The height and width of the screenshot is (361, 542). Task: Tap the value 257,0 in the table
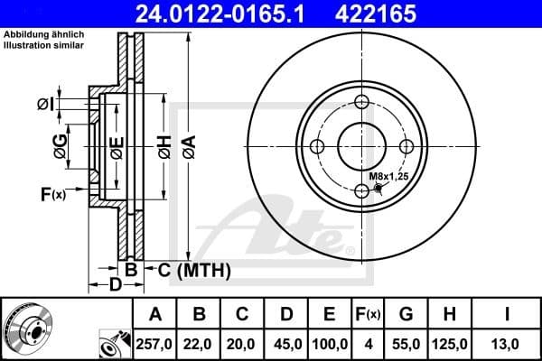(x=155, y=343)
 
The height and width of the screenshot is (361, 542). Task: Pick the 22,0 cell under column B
(x=200, y=343)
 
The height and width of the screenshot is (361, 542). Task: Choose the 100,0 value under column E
(x=330, y=343)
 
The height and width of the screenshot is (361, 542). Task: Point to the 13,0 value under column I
(x=508, y=343)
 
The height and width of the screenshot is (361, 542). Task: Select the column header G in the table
(x=406, y=315)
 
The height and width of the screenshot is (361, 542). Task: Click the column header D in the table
(x=285, y=315)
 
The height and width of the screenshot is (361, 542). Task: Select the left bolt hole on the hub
(x=317, y=147)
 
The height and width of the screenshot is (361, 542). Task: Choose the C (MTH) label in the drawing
(x=194, y=270)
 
